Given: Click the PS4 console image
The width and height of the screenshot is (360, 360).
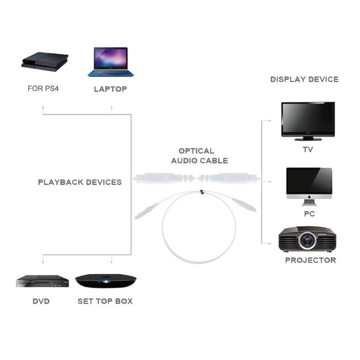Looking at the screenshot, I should pyautogui.click(x=45, y=62).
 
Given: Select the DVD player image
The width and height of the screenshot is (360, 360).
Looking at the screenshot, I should pyautogui.click(x=42, y=281).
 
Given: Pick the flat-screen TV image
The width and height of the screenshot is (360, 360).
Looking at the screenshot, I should pyautogui.click(x=308, y=119).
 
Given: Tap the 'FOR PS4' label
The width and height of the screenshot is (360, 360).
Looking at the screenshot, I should pyautogui.click(x=43, y=89).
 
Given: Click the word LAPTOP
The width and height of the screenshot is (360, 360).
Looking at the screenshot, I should pyautogui.click(x=110, y=89).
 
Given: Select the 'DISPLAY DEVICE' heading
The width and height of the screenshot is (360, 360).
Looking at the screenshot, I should pyautogui.click(x=304, y=79).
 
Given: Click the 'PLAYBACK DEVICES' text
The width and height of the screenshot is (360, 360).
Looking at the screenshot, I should pyautogui.click(x=80, y=182).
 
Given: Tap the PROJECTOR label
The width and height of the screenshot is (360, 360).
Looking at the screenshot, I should pyautogui.click(x=310, y=260).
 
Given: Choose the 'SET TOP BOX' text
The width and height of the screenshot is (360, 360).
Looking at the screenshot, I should pyautogui.click(x=105, y=301).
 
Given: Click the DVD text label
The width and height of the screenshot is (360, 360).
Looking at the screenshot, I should pyautogui.click(x=41, y=301).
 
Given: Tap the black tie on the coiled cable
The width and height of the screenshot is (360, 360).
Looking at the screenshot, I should pyautogui.click(x=202, y=192).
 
